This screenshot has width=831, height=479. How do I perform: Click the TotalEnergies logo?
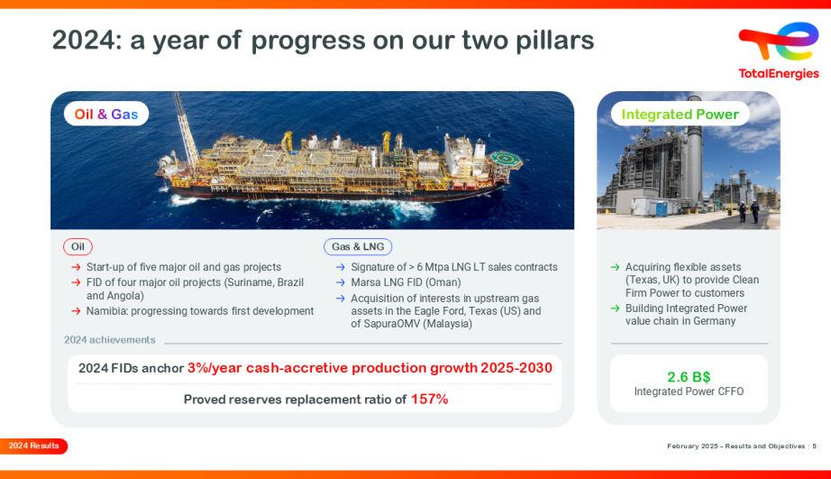778,51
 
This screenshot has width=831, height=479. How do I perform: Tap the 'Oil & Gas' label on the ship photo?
106,115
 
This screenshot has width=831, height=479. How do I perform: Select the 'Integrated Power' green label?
680,115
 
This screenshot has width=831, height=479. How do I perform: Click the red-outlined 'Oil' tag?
78,246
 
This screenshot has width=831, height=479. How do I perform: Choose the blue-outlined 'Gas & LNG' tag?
358,246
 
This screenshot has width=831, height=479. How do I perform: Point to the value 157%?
429,399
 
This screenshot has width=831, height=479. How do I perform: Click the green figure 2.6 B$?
689,376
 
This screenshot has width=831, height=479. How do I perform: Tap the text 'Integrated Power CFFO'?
689,391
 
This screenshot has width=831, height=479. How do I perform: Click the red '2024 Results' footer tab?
34,446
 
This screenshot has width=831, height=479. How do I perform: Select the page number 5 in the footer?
815,447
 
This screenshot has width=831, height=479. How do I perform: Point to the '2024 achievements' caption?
109,340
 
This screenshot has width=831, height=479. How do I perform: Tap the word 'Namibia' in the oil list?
107,311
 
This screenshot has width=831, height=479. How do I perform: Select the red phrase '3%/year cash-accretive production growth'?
332,368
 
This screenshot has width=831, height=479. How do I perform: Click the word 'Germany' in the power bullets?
714,321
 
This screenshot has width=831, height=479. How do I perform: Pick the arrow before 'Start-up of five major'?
76,268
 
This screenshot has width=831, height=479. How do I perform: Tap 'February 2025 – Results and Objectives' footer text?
735,447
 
